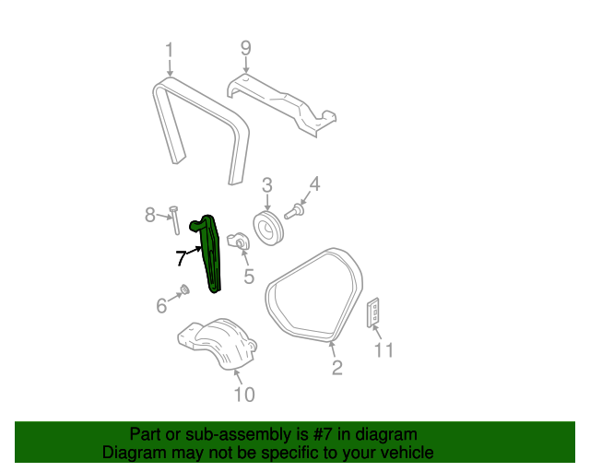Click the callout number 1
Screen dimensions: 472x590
click(170, 50)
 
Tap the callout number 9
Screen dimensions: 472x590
click(245, 48)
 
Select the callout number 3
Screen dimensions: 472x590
click(266, 186)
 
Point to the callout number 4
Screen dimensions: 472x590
click(313, 185)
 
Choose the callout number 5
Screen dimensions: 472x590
click(248, 275)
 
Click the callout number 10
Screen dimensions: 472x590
click(243, 395)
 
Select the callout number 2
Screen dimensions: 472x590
click(336, 369)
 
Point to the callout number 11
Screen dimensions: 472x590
click(383, 349)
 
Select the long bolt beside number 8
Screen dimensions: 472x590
click(172, 227)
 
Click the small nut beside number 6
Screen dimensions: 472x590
click(183, 290)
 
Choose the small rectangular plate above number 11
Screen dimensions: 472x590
click(375, 313)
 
